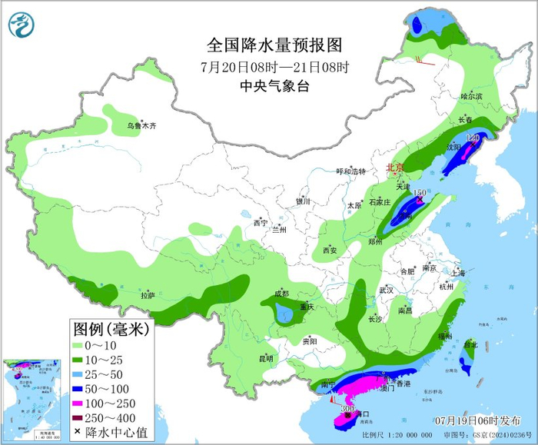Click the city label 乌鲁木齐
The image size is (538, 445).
pyautogui.click(x=142, y=125)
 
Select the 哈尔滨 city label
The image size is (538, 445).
pyautogui.click(x=471, y=96)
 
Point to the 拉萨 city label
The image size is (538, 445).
pyautogui.click(x=148, y=294)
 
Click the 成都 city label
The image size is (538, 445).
pyautogui.click(x=281, y=294)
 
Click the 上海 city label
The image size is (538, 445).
pyautogui.click(x=458, y=273)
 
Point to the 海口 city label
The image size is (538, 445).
pyautogui.click(x=361, y=414)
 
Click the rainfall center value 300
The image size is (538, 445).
pyautogui.click(x=347, y=409)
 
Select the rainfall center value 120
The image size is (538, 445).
pyautogui.click(x=473, y=138)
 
